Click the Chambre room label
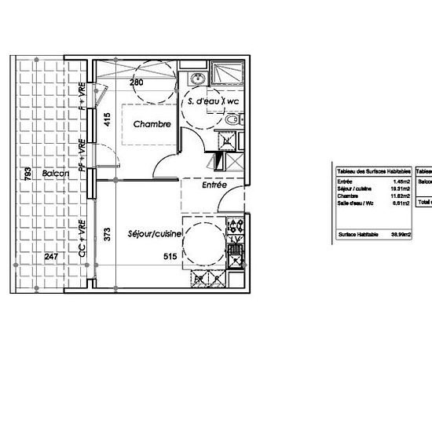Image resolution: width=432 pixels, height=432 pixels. coord(152,124)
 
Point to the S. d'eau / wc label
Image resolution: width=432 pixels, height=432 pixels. coord(212,102)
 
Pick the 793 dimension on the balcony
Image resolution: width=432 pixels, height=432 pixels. coord(27,173)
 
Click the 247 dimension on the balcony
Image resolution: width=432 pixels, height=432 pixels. coord(51,257)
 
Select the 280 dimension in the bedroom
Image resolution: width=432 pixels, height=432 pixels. coord(137,82)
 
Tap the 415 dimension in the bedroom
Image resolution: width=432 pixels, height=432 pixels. coord(108,120)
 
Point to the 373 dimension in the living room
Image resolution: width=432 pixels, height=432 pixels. coord(108,233)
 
